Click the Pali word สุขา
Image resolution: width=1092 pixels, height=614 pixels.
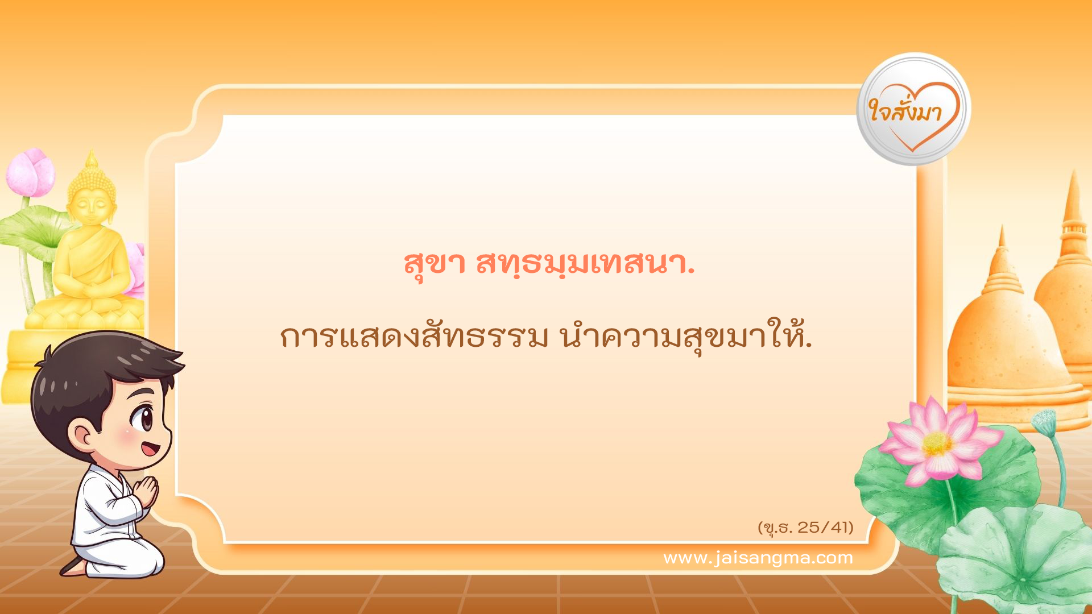(x=434, y=263)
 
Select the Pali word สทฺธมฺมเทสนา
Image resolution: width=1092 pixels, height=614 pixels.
(x=585, y=263)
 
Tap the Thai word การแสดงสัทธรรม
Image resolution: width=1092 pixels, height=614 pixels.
(x=413, y=337)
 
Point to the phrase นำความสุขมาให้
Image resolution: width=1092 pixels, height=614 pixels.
(x=685, y=337)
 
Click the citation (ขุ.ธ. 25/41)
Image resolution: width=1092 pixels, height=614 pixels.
(x=805, y=528)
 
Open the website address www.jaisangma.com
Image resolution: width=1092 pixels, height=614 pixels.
(x=758, y=558)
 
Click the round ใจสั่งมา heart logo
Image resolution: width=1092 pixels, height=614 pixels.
(x=913, y=109)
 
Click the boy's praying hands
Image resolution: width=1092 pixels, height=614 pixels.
(x=147, y=492)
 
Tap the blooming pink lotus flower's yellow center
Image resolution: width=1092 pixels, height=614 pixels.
(x=936, y=443)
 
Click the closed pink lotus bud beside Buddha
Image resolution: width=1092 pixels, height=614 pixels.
(x=31, y=172)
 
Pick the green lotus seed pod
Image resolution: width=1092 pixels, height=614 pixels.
(x=1044, y=421)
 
